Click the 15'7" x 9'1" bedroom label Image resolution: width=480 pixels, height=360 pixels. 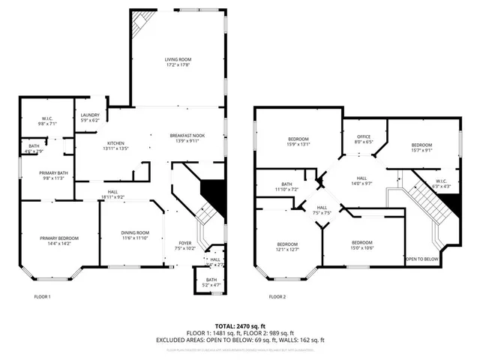tap(421, 146)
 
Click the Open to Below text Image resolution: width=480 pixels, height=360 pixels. tap(421, 259)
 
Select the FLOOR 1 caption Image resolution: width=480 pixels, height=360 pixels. tap(43, 297)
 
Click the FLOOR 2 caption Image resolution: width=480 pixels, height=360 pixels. tap(277, 297)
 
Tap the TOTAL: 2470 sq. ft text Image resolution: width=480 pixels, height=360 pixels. tap(240, 327)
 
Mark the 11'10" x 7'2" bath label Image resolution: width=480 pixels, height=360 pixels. tap(286, 186)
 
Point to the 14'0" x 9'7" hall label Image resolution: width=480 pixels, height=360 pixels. tap(361, 180)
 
